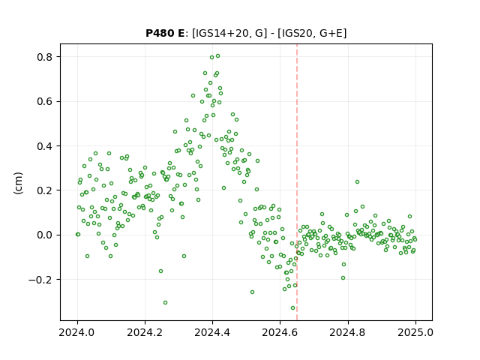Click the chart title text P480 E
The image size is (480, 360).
165,33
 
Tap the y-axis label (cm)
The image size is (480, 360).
18,183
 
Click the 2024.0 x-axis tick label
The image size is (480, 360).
77,332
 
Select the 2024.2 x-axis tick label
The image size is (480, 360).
145,332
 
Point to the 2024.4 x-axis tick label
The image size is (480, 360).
212,332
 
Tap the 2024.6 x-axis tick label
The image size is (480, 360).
280,332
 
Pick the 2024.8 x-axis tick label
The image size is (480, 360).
348,332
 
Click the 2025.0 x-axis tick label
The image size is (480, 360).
415,332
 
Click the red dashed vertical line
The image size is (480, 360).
297,182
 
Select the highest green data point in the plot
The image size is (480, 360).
218,56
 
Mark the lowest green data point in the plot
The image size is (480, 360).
293,308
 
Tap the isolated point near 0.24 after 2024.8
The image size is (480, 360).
357,182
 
